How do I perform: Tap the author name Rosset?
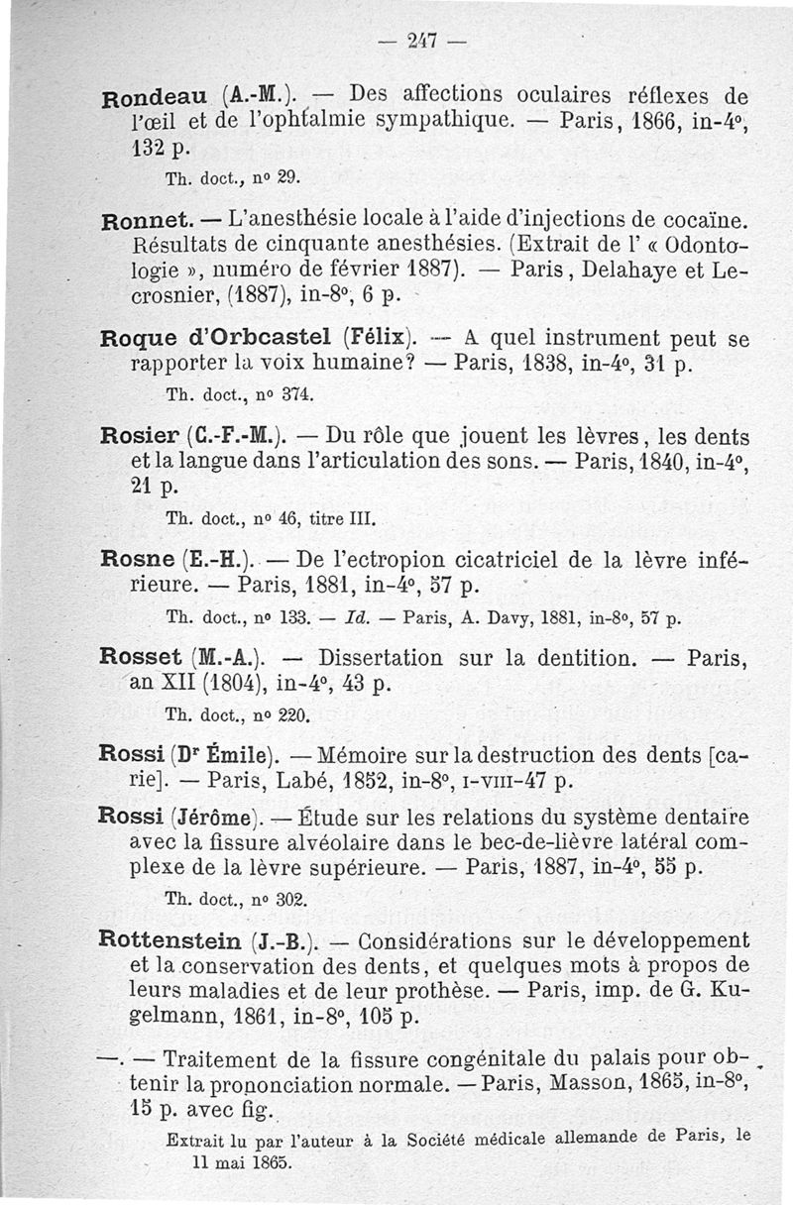143,658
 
